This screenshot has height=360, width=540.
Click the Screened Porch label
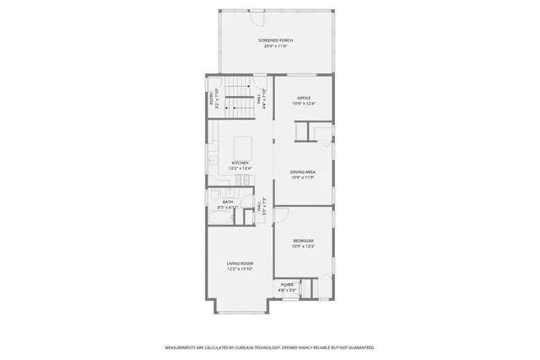(275, 40)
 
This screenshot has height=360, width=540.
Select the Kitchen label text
(240, 162)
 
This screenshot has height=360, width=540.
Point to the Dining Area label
(302, 171)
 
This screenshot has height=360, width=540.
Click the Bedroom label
(304, 240)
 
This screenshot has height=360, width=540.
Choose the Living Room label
(240, 264)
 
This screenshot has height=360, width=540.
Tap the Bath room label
(228, 201)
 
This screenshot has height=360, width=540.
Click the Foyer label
(288, 285)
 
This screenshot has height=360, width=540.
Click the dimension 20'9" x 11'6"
(275, 46)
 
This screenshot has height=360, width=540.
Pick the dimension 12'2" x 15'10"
(240, 270)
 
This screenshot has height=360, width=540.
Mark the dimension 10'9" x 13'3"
(304, 246)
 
